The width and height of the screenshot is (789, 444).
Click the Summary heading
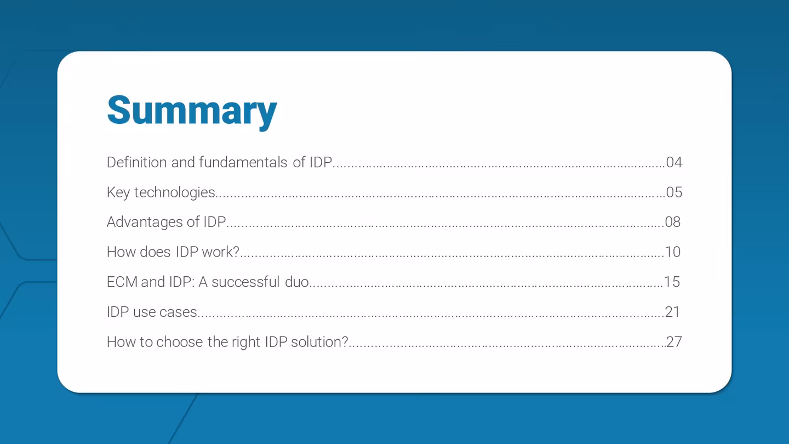192,111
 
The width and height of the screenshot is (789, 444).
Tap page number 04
674,162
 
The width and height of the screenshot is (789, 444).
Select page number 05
674,192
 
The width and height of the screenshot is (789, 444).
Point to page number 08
673,222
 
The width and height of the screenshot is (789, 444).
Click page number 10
673,252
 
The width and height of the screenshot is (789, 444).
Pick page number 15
672,282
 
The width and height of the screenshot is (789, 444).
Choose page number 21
673,312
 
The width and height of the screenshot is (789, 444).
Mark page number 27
674,342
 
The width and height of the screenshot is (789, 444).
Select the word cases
180,312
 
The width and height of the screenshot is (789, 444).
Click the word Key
118,192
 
